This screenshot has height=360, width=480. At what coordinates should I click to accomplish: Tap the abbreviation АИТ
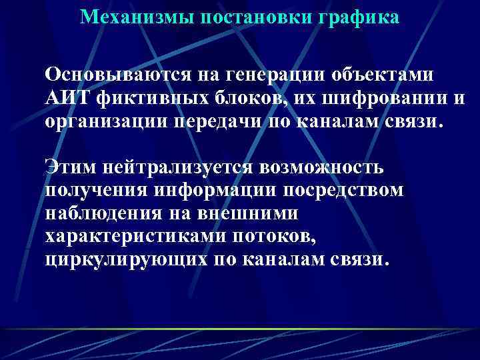[68, 97]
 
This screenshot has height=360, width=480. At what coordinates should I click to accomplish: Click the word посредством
[346, 191]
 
